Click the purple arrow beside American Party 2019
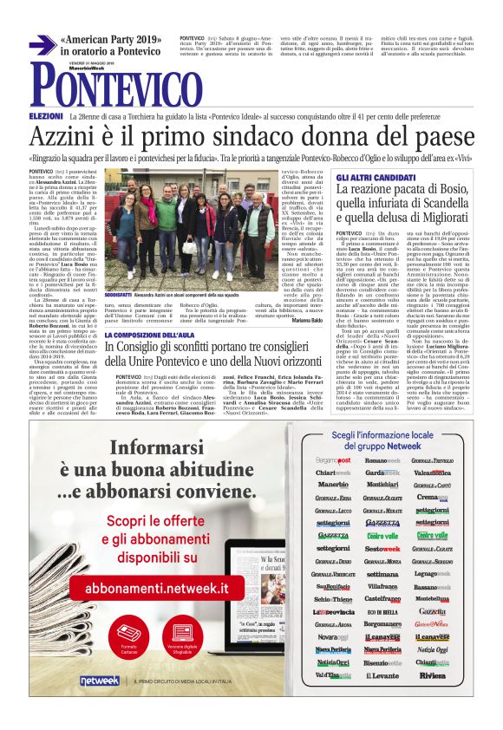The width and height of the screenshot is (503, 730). click(x=42, y=45)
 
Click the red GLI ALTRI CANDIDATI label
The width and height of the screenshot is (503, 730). click(x=369, y=176)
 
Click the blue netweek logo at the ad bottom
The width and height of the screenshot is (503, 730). click(x=99, y=681)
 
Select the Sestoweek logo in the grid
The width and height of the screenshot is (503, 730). click(x=382, y=549)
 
